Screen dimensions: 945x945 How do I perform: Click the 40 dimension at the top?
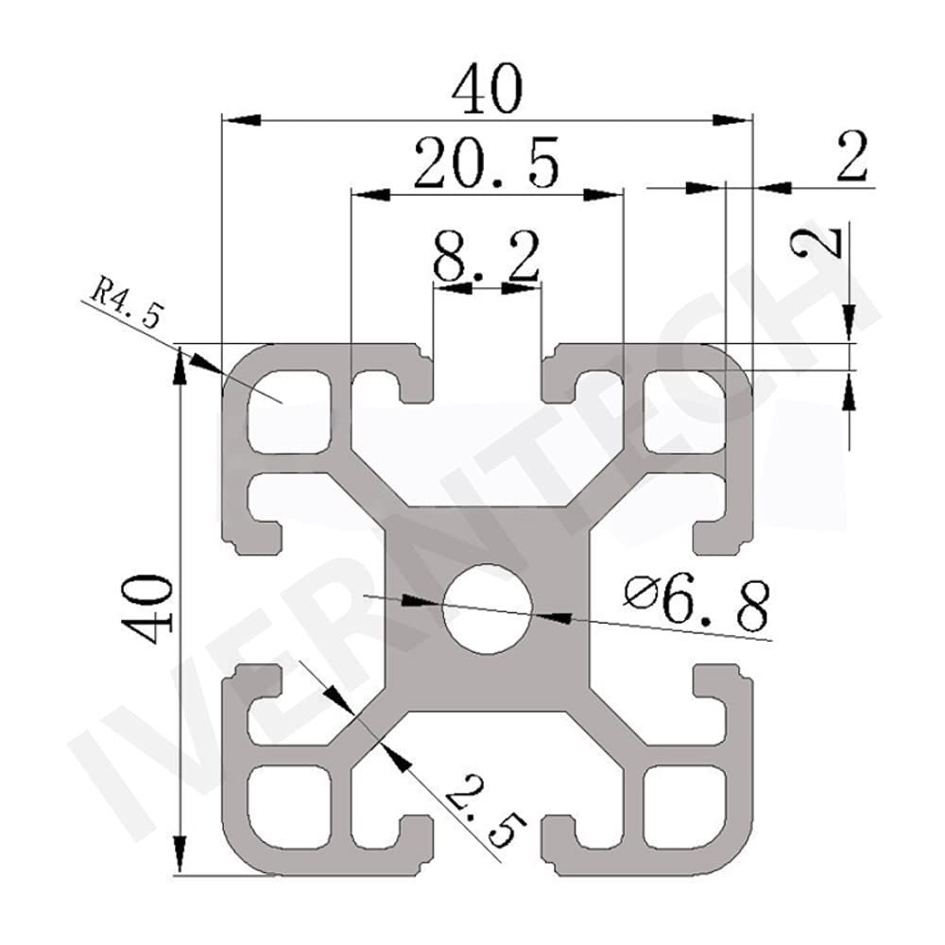(x=486, y=91)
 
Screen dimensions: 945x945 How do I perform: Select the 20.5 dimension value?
(x=486, y=162)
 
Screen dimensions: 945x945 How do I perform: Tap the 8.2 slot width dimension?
(x=486, y=256)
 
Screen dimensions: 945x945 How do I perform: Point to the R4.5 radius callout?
(x=122, y=301)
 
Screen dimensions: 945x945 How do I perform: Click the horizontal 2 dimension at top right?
(x=851, y=158)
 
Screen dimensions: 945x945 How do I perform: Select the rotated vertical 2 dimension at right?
(x=818, y=242)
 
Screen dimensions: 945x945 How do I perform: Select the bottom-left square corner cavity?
(x=288, y=804)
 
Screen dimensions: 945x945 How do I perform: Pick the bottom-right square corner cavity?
(x=687, y=804)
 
